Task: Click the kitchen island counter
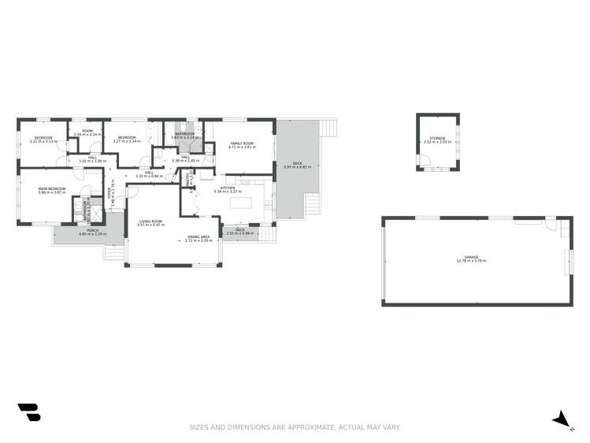[x=242, y=203]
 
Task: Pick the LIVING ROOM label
[x=151, y=221]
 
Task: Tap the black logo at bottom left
[x=28, y=413]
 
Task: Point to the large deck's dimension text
[x=297, y=166]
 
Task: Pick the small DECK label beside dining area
[x=240, y=230]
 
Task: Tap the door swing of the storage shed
[x=425, y=166]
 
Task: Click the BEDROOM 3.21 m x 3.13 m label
[x=43, y=140]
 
